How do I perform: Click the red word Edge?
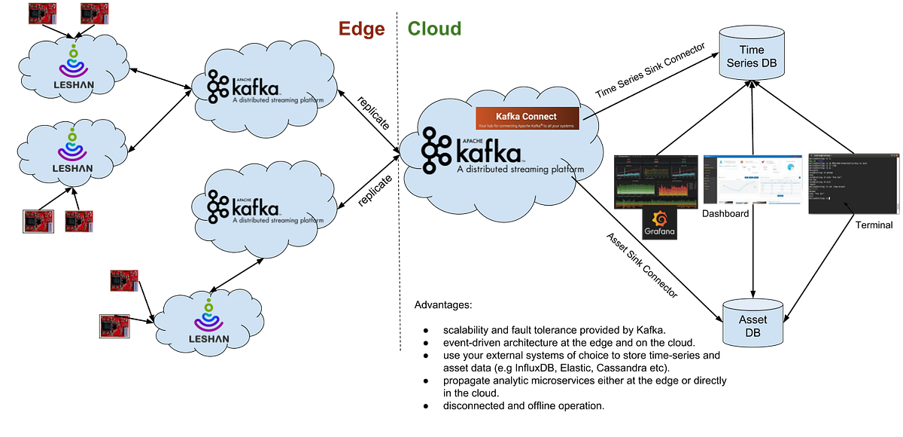[362, 29]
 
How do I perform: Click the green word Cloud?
[435, 29]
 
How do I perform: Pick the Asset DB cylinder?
[753, 322]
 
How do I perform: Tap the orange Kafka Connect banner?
[527, 118]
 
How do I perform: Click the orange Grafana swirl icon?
[659, 219]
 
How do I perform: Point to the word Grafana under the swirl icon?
[659, 233]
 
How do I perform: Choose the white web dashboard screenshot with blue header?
[752, 179]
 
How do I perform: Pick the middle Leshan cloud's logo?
[74, 151]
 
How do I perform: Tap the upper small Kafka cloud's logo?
[243, 87]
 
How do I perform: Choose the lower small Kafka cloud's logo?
[243, 206]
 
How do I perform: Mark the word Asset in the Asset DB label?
[753, 320]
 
